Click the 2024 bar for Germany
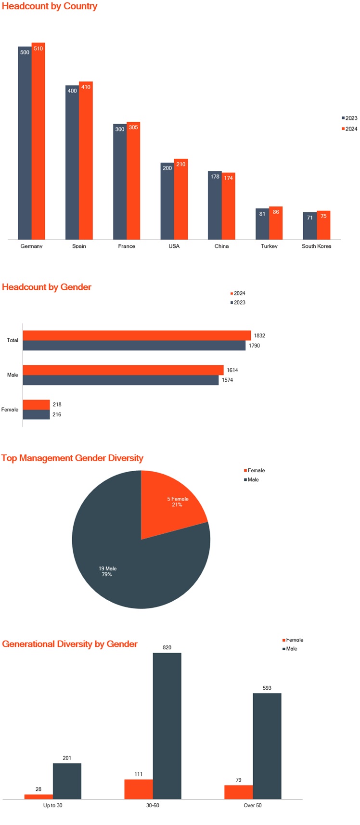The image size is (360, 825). [x=38, y=144]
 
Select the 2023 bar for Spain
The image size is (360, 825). [x=72, y=164]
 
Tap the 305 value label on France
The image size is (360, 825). [x=133, y=128]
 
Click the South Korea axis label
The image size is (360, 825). [x=316, y=246]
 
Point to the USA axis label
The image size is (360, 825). [x=174, y=246]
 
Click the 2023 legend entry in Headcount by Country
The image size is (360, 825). [x=350, y=118]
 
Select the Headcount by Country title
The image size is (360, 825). [x=50, y=6]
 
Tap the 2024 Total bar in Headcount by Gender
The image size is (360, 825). [x=137, y=335]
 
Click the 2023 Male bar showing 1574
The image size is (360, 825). [x=120, y=380]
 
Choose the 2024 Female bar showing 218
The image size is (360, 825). [x=36, y=405]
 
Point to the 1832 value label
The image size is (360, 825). [x=259, y=335]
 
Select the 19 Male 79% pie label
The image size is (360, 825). [x=107, y=571]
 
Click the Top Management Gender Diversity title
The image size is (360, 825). [x=72, y=458]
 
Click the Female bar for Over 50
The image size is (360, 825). [x=238, y=792]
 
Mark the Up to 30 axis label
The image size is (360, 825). [x=52, y=805]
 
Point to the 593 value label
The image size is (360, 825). [x=267, y=688]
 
